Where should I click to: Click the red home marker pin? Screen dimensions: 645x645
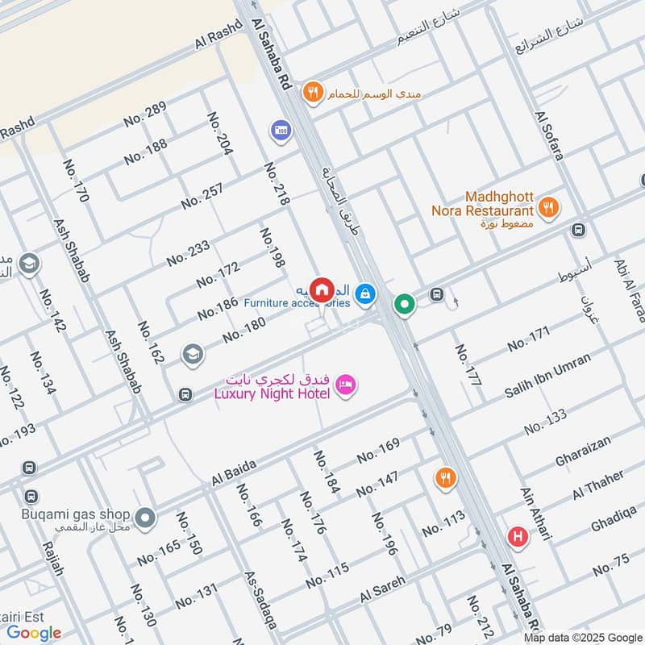[322, 289]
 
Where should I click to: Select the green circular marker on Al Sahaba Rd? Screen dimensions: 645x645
[404, 304]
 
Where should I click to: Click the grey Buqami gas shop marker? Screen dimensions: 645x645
[145, 517]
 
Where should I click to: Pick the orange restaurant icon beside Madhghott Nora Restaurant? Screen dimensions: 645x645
[548, 206]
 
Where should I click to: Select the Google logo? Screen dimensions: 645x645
[35, 633]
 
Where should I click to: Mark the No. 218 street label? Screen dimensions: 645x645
[276, 184]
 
